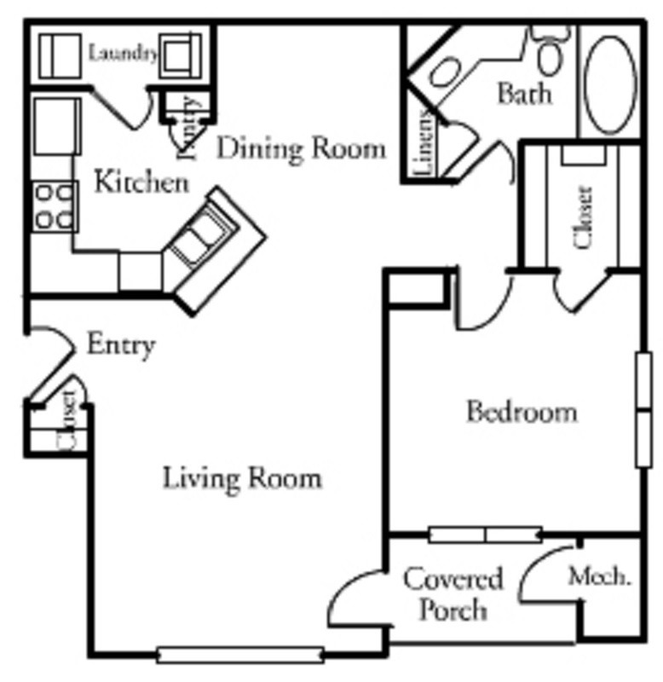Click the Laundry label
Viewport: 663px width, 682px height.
pyautogui.click(x=124, y=54)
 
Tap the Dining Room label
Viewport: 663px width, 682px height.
pyautogui.click(x=301, y=148)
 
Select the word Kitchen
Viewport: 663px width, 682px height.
pyautogui.click(x=140, y=182)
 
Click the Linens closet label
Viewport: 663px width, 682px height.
pyautogui.click(x=425, y=144)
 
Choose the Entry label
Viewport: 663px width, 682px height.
pyautogui.click(x=121, y=345)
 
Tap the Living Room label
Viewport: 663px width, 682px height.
pyautogui.click(x=242, y=477)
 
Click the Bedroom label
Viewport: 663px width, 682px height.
pyautogui.click(x=522, y=412)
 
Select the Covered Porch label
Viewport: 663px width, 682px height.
pyautogui.click(x=453, y=594)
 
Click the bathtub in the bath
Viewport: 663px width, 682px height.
pyautogui.click(x=611, y=82)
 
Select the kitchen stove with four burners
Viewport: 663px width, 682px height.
pyautogui.click(x=53, y=206)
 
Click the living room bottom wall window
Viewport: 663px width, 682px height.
pyautogui.click(x=240, y=655)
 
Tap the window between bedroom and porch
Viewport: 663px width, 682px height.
pyautogui.click(x=484, y=535)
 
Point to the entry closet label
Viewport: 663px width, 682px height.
pyautogui.click(x=67, y=419)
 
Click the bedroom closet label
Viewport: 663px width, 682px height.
pyautogui.click(x=584, y=217)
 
